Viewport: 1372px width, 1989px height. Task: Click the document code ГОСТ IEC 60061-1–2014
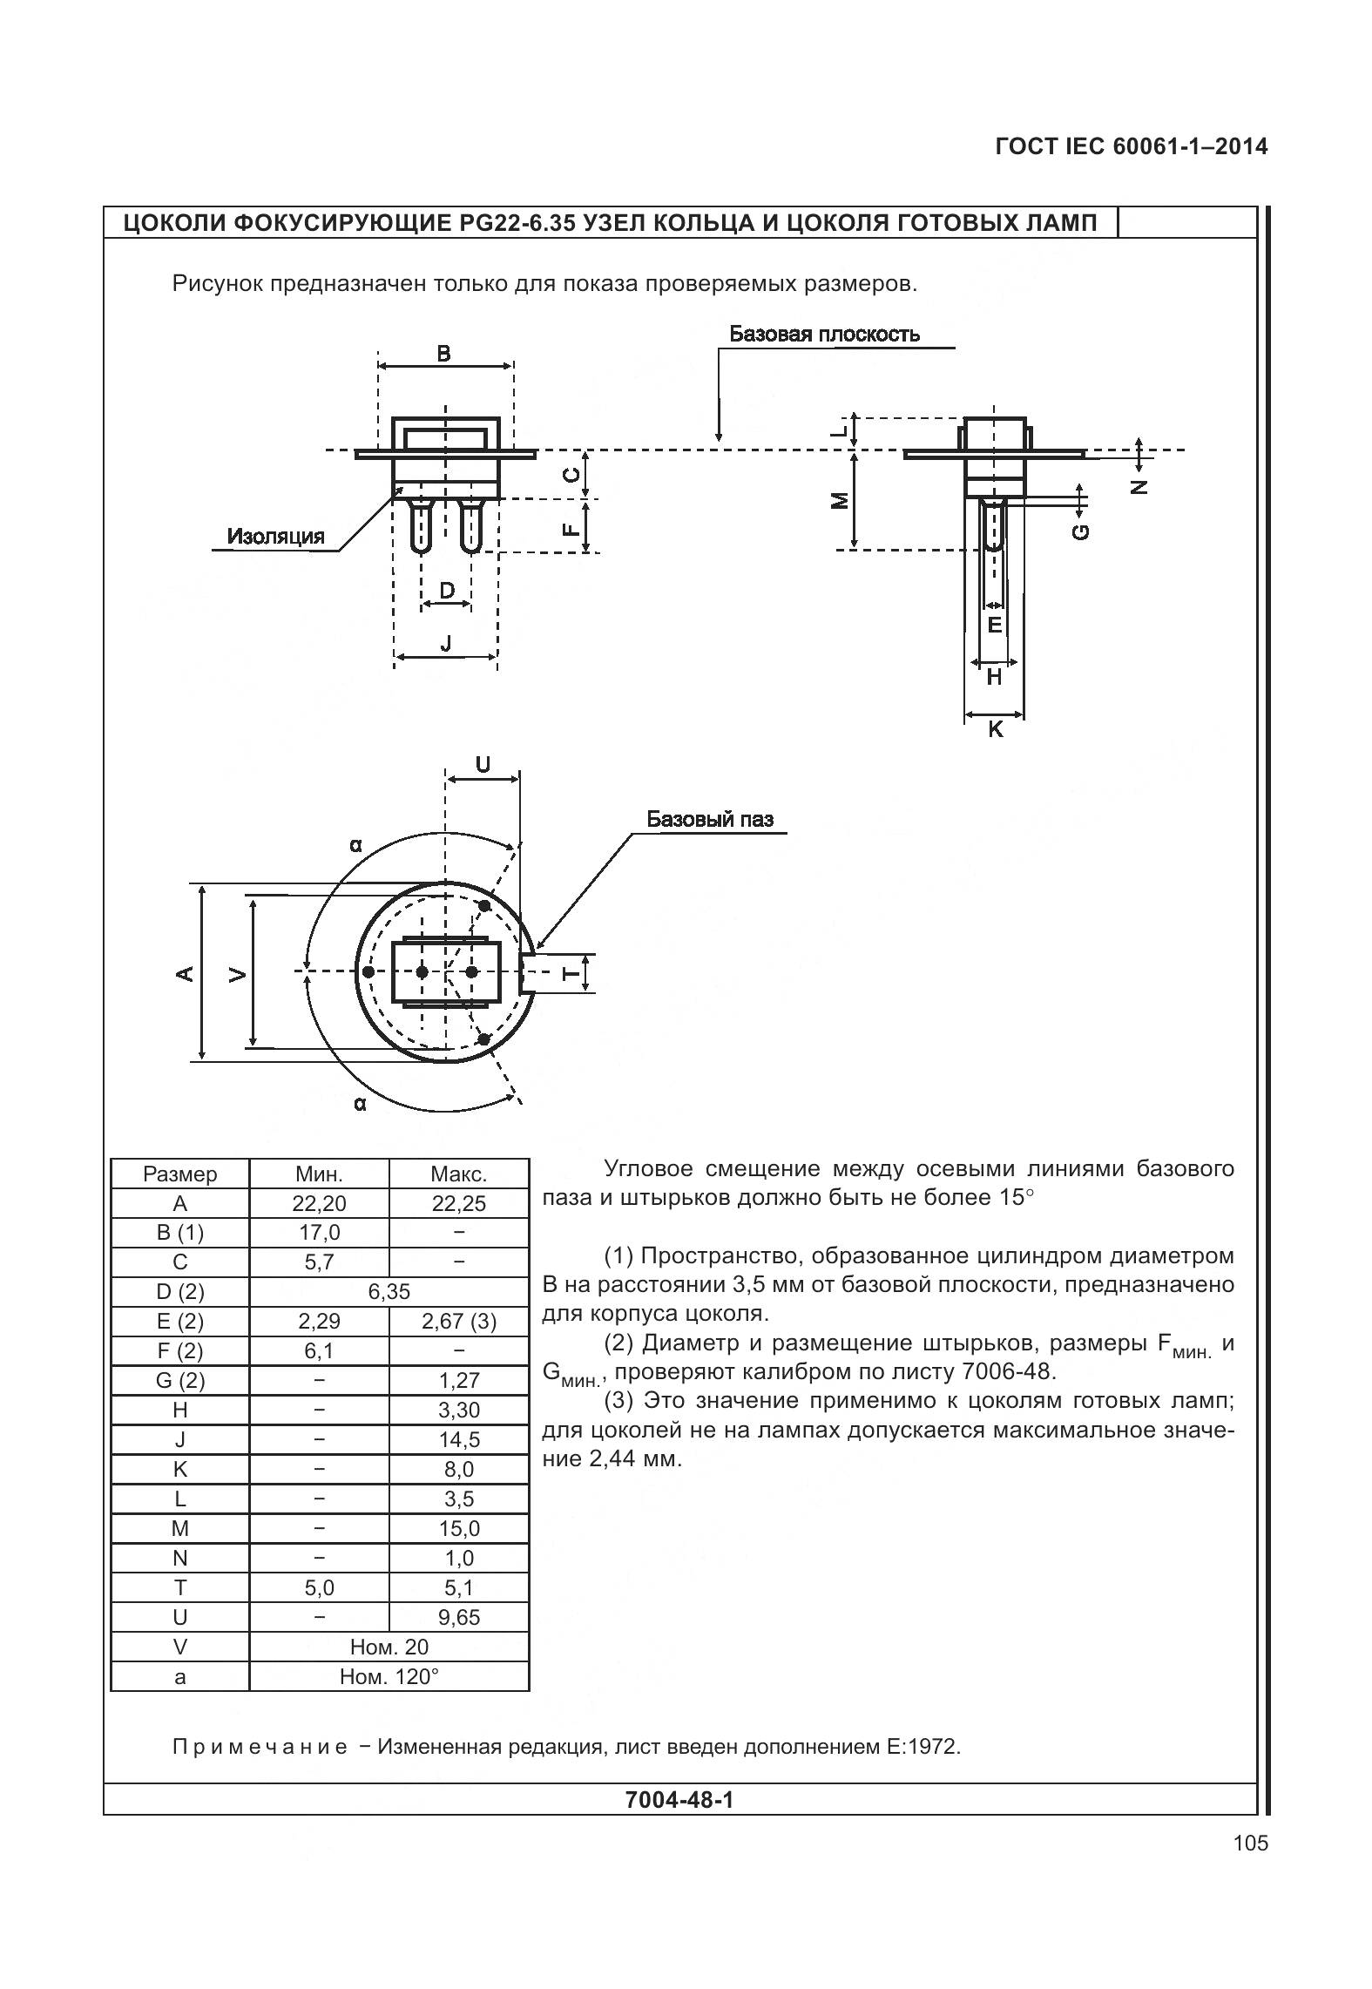coord(1131,146)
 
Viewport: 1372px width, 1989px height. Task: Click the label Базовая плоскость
coord(824,335)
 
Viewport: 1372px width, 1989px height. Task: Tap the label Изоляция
coord(275,536)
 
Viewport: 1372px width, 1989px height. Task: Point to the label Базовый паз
coord(709,819)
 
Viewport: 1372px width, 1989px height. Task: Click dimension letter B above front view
coord(443,353)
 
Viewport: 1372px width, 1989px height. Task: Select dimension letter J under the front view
coord(446,643)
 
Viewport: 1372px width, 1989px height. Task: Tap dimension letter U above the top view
coord(483,764)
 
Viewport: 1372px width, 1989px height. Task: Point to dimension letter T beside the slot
coord(570,973)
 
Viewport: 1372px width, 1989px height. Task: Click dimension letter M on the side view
coord(839,500)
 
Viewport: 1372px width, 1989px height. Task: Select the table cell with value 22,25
coord(459,1203)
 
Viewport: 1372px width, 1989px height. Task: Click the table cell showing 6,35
coord(389,1291)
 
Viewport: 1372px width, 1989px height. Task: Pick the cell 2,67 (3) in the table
coord(459,1321)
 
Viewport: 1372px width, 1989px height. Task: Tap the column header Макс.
coord(459,1174)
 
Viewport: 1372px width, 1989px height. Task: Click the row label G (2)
coord(179,1380)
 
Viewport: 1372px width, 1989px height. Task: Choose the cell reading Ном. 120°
coord(389,1676)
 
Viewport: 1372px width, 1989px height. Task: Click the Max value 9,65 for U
coord(459,1617)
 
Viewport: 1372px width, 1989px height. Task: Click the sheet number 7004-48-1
coord(679,1799)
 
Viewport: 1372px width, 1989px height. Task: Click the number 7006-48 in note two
coord(1009,1371)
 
